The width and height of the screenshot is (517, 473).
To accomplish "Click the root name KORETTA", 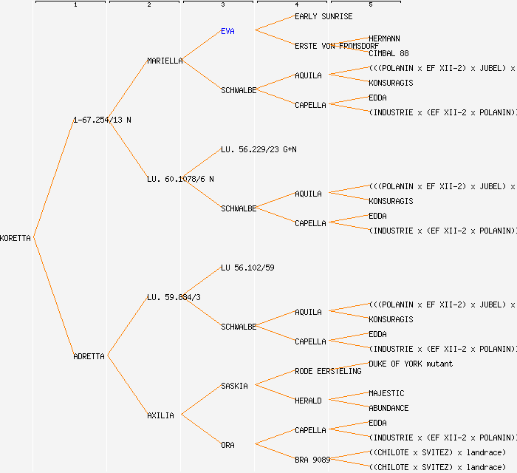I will (x=16, y=238).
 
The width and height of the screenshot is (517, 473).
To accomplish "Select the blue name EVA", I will (x=227, y=31).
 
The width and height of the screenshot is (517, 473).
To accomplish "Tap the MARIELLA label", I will (x=165, y=61).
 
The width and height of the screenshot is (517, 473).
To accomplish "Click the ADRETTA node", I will (x=89, y=356).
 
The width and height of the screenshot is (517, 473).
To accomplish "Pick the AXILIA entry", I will (x=160, y=415).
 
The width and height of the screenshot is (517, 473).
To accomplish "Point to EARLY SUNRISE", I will (x=323, y=16).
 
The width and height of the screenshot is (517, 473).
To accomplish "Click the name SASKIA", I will (x=234, y=386).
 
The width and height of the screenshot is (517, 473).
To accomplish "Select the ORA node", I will (x=227, y=445).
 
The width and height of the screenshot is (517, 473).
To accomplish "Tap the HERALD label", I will (x=308, y=401).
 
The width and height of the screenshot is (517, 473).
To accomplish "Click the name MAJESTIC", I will (x=386, y=393).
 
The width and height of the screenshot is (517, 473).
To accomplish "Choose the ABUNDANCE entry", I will (x=388, y=408).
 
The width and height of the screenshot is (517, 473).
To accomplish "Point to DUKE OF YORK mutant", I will (x=411, y=364).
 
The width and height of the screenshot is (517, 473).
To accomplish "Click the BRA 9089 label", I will (x=312, y=460).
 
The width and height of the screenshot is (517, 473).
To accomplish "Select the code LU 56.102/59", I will (x=247, y=268).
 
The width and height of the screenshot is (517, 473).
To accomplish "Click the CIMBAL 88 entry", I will (x=388, y=53).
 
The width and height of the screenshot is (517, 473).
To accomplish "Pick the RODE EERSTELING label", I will (x=328, y=371).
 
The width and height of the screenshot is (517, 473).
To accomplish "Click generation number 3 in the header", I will (x=222, y=5).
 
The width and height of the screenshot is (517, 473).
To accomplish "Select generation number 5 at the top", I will (x=370, y=5).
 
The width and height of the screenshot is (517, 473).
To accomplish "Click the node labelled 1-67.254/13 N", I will (x=102, y=120).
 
